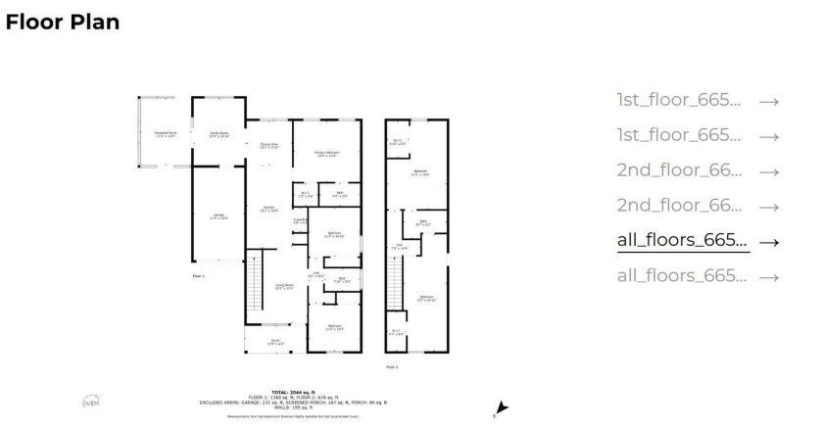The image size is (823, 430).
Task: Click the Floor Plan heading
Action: pyautogui.click(x=63, y=22)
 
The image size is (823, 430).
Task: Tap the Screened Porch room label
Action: pyautogui.click(x=166, y=134)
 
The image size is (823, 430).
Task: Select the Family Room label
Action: pyautogui.click(x=218, y=134)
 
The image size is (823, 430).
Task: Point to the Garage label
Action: pyautogui.click(x=218, y=215)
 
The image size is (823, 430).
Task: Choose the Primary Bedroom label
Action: pyautogui.click(x=326, y=153)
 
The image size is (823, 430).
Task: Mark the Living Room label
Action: pyautogui.click(x=284, y=286)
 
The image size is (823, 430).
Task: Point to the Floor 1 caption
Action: pyautogui.click(x=197, y=276)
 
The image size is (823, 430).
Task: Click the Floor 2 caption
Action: pyautogui.click(x=392, y=367)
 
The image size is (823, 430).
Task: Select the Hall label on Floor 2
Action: pyautogui.click(x=399, y=247)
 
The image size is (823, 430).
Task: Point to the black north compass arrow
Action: pyautogui.click(x=502, y=407)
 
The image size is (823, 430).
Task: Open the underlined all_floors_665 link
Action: pyautogui.click(x=682, y=240)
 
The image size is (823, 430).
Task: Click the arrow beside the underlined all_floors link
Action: pyautogui.click(x=769, y=242)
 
